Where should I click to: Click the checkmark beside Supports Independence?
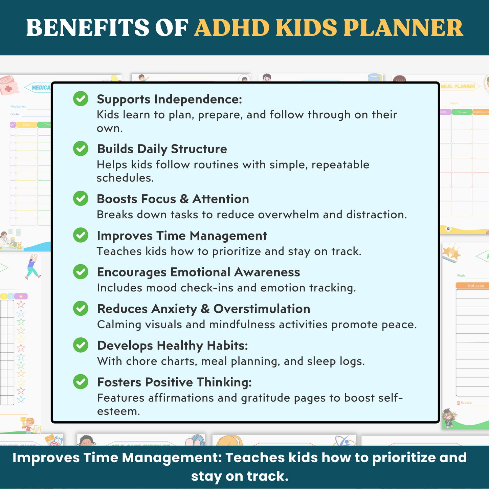tap(81, 98)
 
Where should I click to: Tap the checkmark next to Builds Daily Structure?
tap(81, 149)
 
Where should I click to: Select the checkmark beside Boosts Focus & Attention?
tap(81, 198)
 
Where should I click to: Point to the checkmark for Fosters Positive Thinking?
tap(81, 381)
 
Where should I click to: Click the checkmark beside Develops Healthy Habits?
tap(81, 345)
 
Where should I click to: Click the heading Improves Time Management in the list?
tap(182, 236)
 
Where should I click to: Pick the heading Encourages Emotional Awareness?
tap(198, 272)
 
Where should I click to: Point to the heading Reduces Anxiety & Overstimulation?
tap(203, 309)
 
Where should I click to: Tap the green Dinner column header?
tap(462, 112)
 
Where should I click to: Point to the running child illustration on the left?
tap(33, 267)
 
